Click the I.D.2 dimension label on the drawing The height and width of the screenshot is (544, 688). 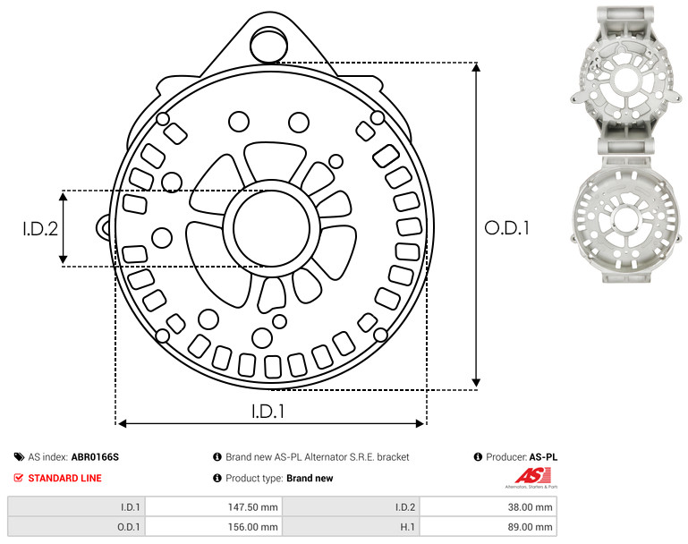pyautogui.click(x=40, y=228)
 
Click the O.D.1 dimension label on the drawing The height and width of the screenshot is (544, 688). pyautogui.click(x=506, y=227)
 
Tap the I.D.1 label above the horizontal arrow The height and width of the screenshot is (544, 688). pyautogui.click(x=268, y=411)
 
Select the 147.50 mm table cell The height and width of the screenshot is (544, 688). pyautogui.click(x=214, y=507)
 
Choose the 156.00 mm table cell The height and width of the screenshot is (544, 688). pyautogui.click(x=214, y=527)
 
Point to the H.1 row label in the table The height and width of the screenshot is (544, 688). pyautogui.click(x=408, y=527)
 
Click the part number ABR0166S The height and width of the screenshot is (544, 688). pyautogui.click(x=95, y=457)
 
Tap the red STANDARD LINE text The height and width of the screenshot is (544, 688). pyautogui.click(x=65, y=478)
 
